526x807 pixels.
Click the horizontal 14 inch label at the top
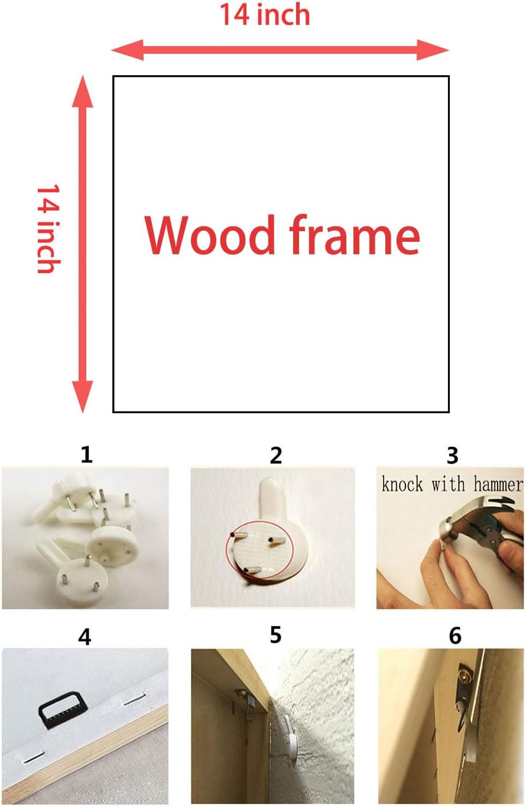click(x=265, y=15)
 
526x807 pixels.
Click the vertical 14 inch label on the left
click(x=49, y=229)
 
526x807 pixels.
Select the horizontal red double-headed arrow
click(x=280, y=50)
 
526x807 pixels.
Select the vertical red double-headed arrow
click(x=83, y=244)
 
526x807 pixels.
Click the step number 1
click(x=86, y=455)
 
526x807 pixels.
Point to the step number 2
click(x=276, y=455)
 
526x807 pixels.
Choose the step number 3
click(x=452, y=455)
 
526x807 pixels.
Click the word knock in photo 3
click(x=402, y=484)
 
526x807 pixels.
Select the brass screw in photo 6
click(x=465, y=671)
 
